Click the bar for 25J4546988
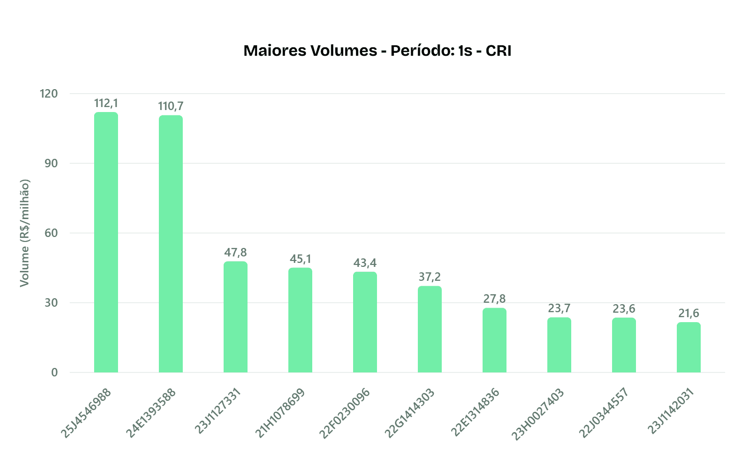[x=106, y=242]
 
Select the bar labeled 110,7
[x=171, y=244]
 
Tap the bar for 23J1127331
[x=236, y=317]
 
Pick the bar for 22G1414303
[x=430, y=329]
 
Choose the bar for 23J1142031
[x=689, y=347]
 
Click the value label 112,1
[x=106, y=104]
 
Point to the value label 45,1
[x=300, y=259]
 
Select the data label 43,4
[x=365, y=263]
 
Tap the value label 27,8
[x=495, y=299]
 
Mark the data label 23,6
[x=624, y=309]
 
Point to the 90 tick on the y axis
[x=52, y=163]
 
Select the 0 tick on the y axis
[x=54, y=372]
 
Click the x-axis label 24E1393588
[x=151, y=413]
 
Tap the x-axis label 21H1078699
[x=280, y=413]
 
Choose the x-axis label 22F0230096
[x=345, y=413]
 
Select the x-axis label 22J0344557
[x=604, y=413]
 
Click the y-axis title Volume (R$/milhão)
[x=24, y=233]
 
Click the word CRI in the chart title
[x=499, y=51]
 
